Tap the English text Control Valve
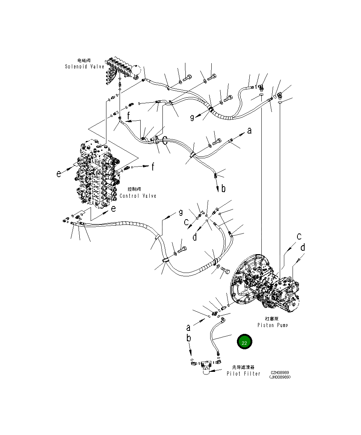(x=138, y=196)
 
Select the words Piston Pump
(x=273, y=325)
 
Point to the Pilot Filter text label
(x=243, y=374)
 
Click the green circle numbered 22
(x=244, y=342)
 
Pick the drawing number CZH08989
(x=280, y=373)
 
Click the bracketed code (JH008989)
(x=280, y=377)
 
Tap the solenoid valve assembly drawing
(x=120, y=70)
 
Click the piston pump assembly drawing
(x=267, y=286)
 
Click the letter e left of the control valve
(x=59, y=174)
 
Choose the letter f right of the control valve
(x=153, y=167)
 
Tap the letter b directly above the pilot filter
(x=189, y=338)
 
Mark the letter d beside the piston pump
(x=302, y=248)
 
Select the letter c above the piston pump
(x=299, y=236)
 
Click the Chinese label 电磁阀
(x=84, y=61)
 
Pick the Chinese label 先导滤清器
(x=243, y=367)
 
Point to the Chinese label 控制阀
(x=134, y=189)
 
